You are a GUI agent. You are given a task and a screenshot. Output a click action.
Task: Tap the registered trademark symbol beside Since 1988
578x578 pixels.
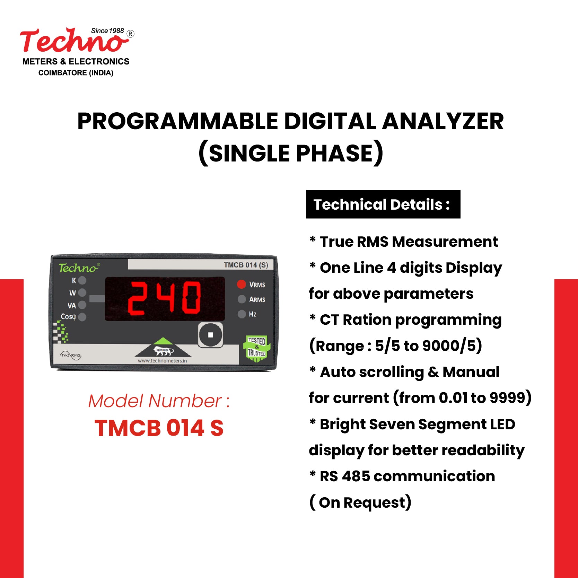130,34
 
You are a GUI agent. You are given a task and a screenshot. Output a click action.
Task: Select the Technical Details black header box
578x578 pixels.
383,204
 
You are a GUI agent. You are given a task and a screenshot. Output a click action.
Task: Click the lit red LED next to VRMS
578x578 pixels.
241,284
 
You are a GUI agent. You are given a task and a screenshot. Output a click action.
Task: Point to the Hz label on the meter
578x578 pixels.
252,314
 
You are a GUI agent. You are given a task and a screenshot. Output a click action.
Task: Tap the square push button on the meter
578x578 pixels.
210,335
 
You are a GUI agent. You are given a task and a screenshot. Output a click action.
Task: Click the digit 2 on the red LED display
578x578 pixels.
136,298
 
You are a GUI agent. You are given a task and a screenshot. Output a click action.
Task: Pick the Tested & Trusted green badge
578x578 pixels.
256,348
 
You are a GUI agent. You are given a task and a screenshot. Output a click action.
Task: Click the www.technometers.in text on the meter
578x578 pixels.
162,361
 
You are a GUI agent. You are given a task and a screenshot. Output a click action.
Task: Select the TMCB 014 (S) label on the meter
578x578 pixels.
246,265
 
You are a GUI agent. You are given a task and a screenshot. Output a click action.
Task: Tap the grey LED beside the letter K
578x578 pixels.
82,280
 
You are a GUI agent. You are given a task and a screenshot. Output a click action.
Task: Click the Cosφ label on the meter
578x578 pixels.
68,316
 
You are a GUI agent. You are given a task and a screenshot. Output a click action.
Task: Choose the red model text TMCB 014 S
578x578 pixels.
159,428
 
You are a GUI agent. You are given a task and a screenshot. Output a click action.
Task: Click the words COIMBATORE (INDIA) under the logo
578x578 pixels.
76,73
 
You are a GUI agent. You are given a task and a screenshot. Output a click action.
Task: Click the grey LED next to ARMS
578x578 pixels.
242,299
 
